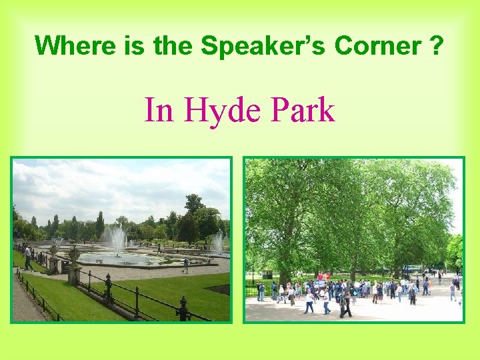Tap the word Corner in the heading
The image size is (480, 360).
tap(378, 45)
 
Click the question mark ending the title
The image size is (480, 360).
tap(437, 45)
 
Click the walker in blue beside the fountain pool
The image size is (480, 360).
tap(186, 265)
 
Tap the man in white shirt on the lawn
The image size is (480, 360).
tap(27, 257)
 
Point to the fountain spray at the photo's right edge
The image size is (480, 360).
tap(218, 242)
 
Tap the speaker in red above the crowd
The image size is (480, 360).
tap(320, 276)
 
